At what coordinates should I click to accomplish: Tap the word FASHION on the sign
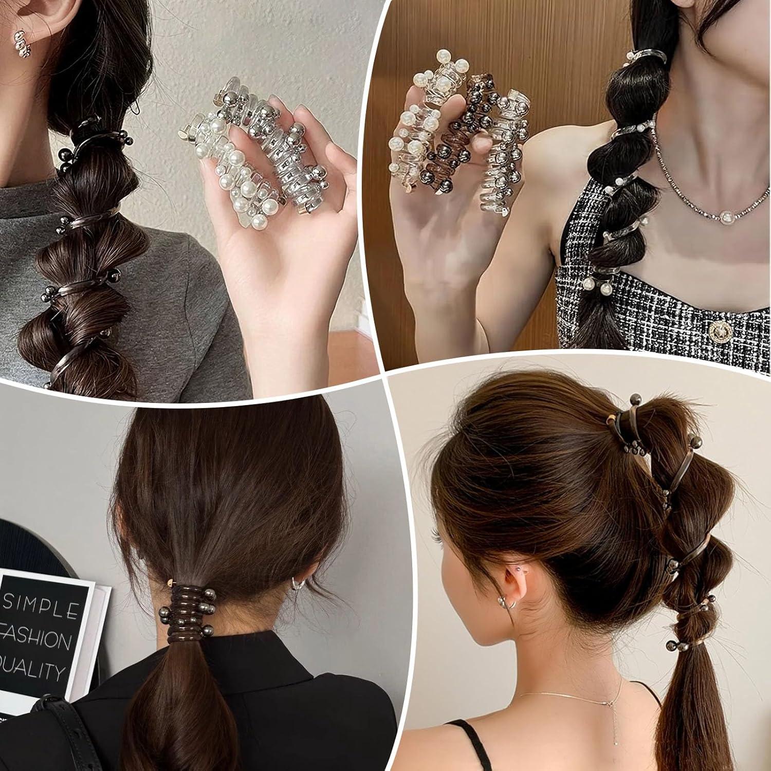pos(36,640)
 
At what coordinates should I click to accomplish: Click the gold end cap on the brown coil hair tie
pos(170,583)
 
